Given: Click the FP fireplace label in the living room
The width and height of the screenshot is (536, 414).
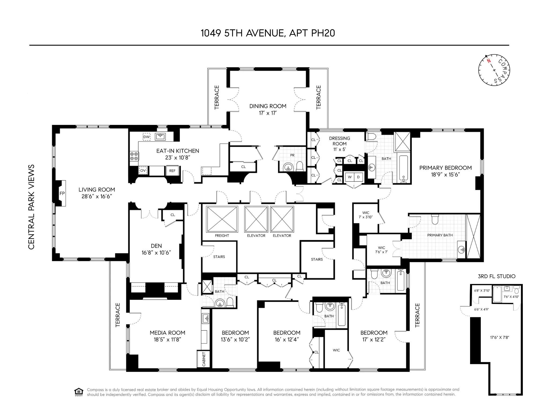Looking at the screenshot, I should tap(62, 193).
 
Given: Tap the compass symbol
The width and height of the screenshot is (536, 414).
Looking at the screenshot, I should tap(494, 70).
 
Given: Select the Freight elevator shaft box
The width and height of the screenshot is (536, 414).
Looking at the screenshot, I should tap(222, 219).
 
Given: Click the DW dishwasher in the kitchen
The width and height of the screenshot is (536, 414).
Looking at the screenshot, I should tap(146, 137).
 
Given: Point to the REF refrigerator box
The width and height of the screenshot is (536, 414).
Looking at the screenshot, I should tap(172, 171).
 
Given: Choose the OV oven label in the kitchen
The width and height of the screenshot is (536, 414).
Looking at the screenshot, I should tap(143, 170).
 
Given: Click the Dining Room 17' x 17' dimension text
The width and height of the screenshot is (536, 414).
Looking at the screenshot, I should tap(268, 113).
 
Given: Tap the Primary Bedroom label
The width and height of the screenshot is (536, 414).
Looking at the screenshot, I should tap(445, 168).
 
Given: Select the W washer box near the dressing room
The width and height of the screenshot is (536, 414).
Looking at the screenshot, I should tap(349, 177).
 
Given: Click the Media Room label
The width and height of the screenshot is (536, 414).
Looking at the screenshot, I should tap(167, 333).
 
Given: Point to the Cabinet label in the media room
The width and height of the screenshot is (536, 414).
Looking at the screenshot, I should tap(204, 359).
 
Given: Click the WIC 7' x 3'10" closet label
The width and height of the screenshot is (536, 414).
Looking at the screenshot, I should tap(366, 215).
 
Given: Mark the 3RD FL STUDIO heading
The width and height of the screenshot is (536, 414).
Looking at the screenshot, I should tap(496, 276).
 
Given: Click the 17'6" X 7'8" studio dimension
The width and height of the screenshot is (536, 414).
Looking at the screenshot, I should tap(499, 338).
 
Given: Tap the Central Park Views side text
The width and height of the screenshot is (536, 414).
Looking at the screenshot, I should tap(31, 207).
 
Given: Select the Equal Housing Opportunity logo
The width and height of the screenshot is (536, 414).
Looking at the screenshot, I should tap(79, 392).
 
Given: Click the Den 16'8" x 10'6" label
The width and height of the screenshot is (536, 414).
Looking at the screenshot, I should tap(156, 249).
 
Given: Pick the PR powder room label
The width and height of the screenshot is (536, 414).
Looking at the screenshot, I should tap(292, 155).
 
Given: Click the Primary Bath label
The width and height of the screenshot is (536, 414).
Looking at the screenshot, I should tap(440, 235).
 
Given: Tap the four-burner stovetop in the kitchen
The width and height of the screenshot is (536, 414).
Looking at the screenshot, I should tap(134, 156).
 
